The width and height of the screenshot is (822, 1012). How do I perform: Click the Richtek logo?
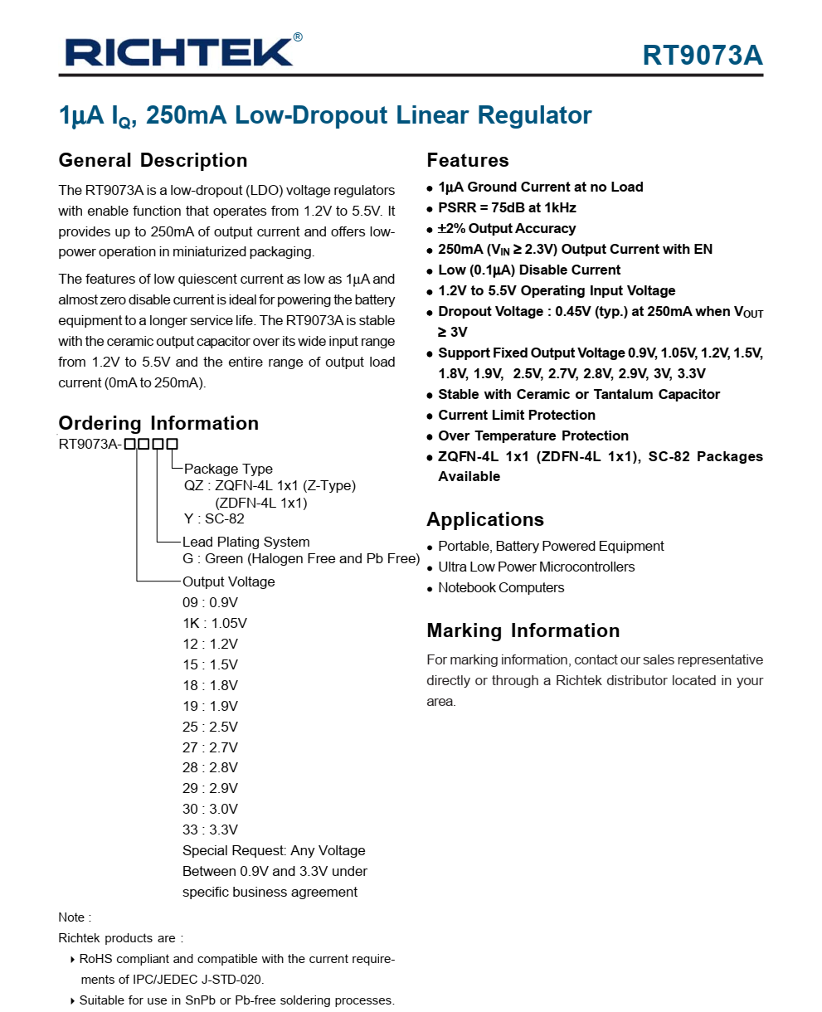pyautogui.click(x=178, y=52)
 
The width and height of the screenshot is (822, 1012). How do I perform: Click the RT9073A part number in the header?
pyautogui.click(x=702, y=55)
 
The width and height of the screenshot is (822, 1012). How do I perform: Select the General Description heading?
pyautogui.click(x=153, y=160)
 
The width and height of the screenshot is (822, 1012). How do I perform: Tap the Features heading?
pyautogui.click(x=467, y=160)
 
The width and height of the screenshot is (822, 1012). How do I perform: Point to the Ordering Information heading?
pyautogui.click(x=158, y=423)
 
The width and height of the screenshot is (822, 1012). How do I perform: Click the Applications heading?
pyautogui.click(x=484, y=519)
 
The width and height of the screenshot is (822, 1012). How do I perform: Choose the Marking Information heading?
pyautogui.click(x=523, y=630)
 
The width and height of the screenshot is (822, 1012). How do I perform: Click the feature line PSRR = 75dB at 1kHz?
pyautogui.click(x=506, y=207)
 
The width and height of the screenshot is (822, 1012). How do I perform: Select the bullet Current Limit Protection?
pyautogui.click(x=516, y=415)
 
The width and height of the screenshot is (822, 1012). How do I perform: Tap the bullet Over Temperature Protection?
pyautogui.click(x=533, y=435)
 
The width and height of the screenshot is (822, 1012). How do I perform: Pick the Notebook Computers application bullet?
pyautogui.click(x=500, y=587)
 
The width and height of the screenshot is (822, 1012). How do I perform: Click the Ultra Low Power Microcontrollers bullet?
pyautogui.click(x=536, y=567)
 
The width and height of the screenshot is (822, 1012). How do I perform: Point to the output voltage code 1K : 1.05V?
pyautogui.click(x=214, y=623)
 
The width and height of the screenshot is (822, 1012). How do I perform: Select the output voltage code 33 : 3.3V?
pyautogui.click(x=210, y=830)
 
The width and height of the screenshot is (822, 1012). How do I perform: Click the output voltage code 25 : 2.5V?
pyautogui.click(x=210, y=727)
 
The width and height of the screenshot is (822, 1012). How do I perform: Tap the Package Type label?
pyautogui.click(x=228, y=469)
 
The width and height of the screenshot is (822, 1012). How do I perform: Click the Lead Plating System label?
pyautogui.click(x=246, y=542)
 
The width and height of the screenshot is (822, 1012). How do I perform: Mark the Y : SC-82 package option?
pyautogui.click(x=214, y=519)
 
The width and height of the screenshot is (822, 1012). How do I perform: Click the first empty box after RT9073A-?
pyautogui.click(x=130, y=444)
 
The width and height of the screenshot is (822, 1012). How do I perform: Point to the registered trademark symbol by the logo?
pyautogui.click(x=298, y=37)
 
